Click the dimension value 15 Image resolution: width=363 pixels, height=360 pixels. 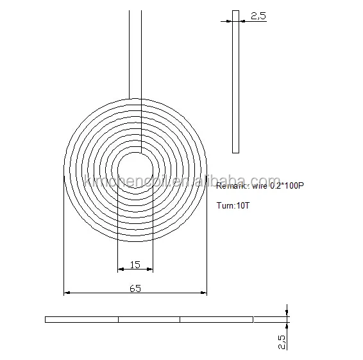pos(135,264)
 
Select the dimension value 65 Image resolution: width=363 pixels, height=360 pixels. pos(135,289)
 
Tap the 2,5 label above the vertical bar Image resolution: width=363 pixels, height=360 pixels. pos(258,17)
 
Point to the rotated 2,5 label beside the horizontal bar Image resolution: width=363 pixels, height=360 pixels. pos(280,339)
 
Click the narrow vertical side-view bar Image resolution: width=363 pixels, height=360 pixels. pos(235,83)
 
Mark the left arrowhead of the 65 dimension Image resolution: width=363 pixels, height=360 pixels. pos(67,293)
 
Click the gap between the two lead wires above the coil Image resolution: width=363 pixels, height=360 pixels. pos(135,51)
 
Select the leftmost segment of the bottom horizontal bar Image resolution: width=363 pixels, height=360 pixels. pos(81,319)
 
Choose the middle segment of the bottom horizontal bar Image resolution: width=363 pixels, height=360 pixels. pos(149,319)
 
